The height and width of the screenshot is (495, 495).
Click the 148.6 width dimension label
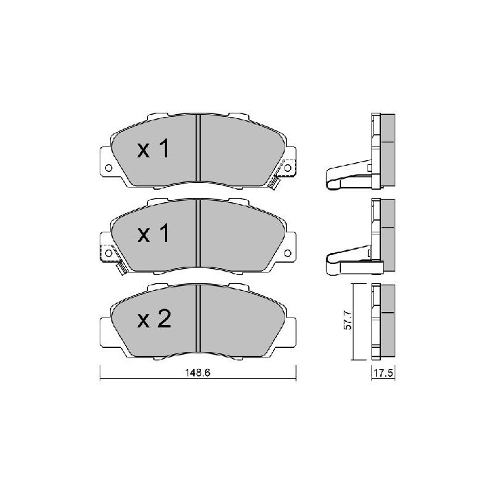[197, 373]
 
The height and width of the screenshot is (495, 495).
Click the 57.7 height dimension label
[347, 320]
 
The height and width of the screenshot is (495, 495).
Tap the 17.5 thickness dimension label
[383, 373]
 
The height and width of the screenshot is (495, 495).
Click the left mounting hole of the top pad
[109, 168]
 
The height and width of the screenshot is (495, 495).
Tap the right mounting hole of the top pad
[287, 168]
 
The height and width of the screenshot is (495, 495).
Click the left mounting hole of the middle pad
[109, 253]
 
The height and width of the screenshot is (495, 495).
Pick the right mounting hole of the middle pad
[287, 253]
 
